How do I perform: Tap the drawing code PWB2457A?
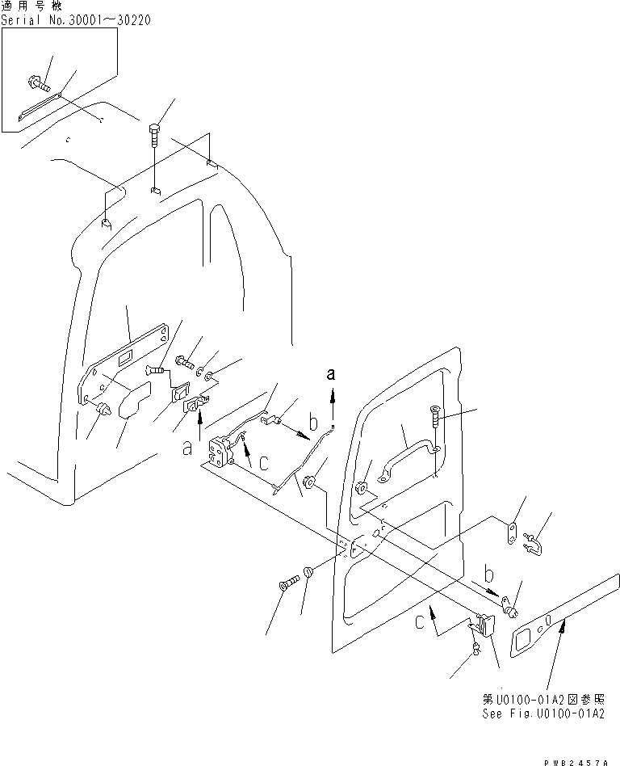[x=575, y=759]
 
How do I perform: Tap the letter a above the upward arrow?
[x=330, y=373]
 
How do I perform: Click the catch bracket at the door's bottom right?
[x=484, y=625]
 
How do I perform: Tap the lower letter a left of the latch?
[x=186, y=447]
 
